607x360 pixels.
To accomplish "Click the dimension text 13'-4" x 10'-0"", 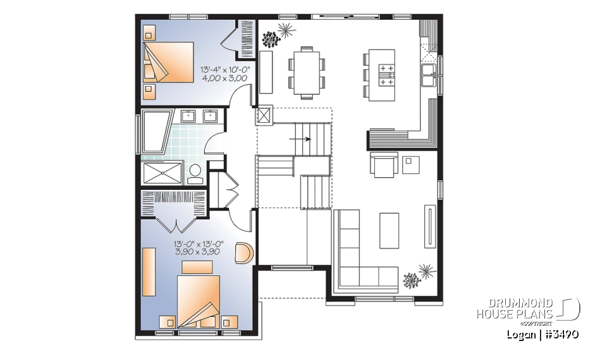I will coord(225,70).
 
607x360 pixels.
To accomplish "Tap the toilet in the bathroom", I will coord(195,171).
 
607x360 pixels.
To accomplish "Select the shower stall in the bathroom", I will coord(162,172).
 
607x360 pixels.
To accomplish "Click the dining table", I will coord(307,71).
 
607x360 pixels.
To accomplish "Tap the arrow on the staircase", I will coord(306,139).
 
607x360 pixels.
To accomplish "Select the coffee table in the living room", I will coord(389,231).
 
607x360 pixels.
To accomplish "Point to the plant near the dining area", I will coord(278,34).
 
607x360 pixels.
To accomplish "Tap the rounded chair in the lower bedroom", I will coord(243,253).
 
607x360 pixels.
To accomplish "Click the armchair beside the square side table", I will coord(383,164).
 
